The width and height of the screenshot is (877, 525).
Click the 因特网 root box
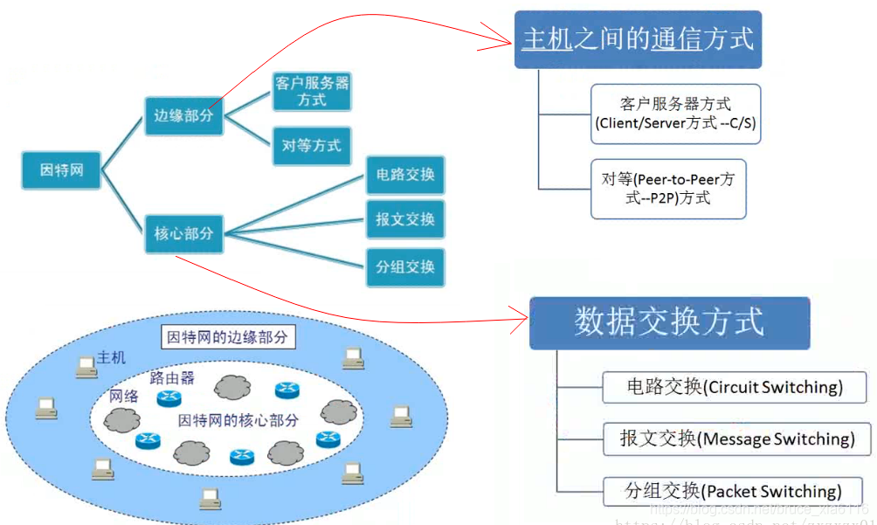62,169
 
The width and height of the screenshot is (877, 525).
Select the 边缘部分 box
183,115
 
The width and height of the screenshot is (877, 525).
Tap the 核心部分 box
183,233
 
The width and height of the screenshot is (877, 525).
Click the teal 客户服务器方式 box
312,92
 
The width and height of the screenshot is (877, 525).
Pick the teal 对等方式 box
312,146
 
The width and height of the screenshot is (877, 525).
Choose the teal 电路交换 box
405,175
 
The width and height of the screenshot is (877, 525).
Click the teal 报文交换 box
405,219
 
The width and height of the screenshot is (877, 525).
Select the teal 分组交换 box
405,266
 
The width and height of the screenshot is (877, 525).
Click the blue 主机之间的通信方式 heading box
638,39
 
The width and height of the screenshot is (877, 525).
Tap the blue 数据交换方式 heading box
669,322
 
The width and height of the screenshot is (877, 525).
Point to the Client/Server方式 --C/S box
675,114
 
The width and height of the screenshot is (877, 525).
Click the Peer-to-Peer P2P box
668,188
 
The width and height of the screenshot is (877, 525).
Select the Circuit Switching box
734,386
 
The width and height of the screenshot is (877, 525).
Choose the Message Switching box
737,439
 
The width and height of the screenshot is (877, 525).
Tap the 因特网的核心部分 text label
238,420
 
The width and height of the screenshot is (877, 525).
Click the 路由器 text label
172,377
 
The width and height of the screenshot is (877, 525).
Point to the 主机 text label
112,357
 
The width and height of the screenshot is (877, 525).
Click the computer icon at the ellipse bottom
210,498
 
